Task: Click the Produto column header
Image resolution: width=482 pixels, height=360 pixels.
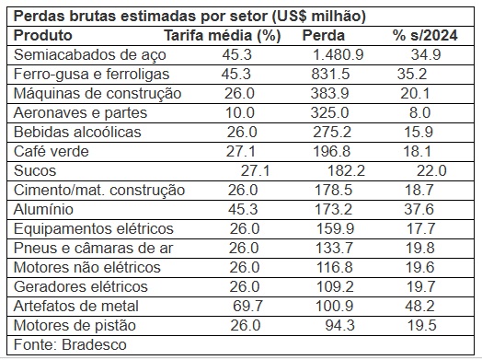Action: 42,35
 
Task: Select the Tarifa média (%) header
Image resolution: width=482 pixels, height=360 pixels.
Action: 223,36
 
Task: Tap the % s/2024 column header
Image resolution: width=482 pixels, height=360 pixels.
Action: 425,35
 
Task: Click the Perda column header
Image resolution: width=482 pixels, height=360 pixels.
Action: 324,35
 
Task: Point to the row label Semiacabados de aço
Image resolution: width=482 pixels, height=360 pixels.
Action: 90,55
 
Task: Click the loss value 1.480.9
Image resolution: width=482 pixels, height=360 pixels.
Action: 339,54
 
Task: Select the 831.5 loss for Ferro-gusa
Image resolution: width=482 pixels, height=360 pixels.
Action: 330,75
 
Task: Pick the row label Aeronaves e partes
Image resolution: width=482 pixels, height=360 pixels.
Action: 80,113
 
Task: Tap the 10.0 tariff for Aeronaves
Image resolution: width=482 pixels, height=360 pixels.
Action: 240,113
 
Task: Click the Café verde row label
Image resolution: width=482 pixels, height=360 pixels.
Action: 51,151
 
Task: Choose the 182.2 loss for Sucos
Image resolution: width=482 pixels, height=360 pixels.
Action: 346,170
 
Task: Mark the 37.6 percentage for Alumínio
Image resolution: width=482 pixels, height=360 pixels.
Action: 419,210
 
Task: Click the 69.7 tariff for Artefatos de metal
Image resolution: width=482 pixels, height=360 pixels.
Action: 247,307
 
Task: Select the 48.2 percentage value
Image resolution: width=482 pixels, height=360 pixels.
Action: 419,307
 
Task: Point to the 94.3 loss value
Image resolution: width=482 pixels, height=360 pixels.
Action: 340,326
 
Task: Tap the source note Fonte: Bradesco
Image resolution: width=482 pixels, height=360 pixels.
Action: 70,345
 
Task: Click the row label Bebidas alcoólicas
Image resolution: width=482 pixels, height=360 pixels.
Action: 77,133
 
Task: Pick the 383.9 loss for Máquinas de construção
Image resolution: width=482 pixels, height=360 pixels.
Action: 329,94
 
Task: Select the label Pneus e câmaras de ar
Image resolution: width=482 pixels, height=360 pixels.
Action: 94,249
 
